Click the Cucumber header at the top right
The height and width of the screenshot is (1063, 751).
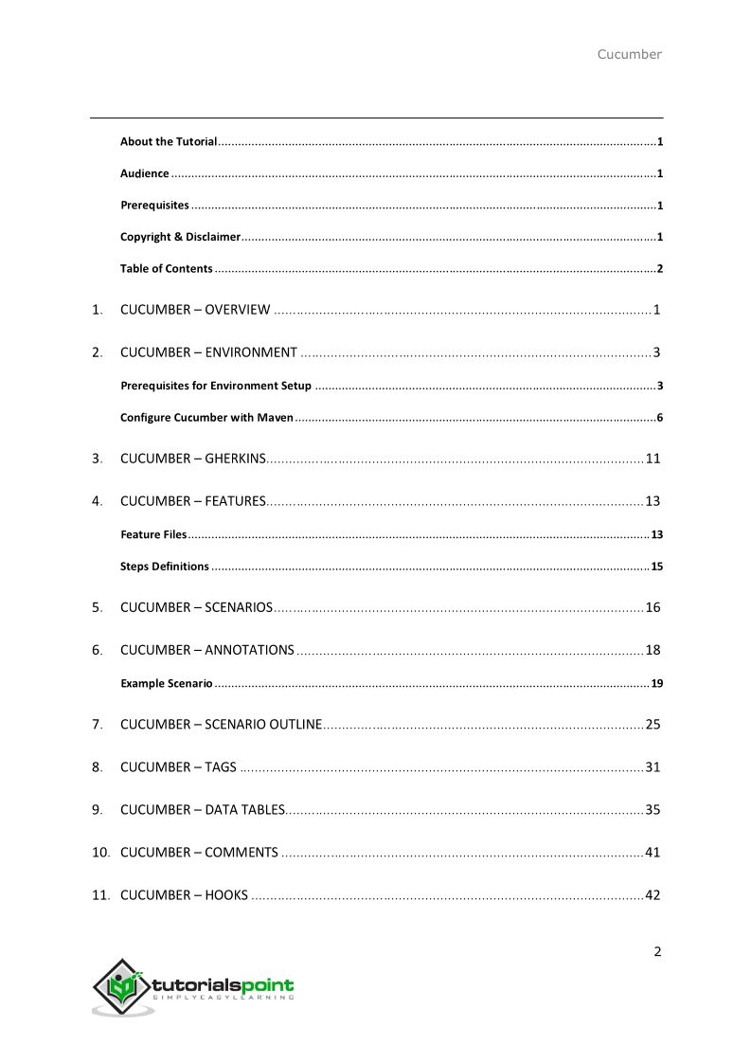pos(629,54)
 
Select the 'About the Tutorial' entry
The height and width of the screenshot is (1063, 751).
pos(169,142)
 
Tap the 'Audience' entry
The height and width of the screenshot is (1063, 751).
pos(144,173)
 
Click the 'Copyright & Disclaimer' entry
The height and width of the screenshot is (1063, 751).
pos(180,237)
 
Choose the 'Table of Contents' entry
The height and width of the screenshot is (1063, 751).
pos(166,268)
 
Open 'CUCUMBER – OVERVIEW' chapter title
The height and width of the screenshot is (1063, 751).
pos(195,310)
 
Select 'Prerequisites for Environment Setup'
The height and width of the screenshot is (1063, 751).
pos(215,386)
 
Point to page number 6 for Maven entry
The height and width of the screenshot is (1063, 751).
pos(659,418)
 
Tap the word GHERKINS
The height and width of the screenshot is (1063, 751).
pos(235,459)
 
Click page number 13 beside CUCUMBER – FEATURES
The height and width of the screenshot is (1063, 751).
pos(653,501)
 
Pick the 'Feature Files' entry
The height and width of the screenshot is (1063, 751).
pos(153,535)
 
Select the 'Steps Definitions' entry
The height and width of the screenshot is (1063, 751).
pos(164,567)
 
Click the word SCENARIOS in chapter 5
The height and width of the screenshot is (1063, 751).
pos(239,607)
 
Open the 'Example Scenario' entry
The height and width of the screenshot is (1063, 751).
pos(166,683)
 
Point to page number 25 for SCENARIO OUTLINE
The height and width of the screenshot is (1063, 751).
pos(653,725)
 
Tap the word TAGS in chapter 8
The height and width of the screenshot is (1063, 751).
pos(221,767)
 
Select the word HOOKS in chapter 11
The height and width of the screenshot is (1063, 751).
pos(226,895)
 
